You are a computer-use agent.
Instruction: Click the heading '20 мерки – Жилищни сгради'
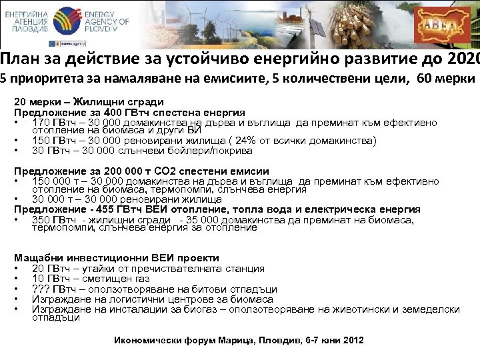pos(89,103)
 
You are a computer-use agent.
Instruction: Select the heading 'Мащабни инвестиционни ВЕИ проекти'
pos(117,258)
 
